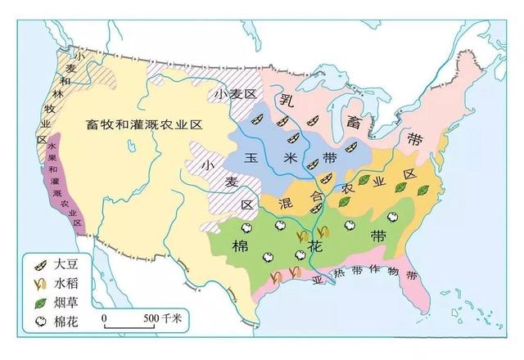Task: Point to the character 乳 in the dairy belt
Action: [286, 102]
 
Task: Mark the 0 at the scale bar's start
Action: [105, 317]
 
